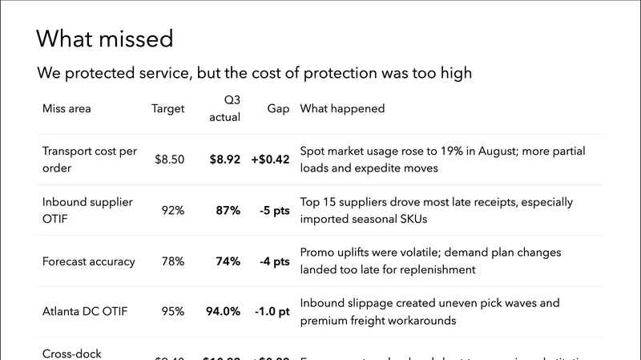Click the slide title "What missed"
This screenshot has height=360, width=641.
(104, 38)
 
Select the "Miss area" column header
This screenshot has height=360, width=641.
(67, 109)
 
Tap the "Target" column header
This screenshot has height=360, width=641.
(168, 109)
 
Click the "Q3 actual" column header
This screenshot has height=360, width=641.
(224, 109)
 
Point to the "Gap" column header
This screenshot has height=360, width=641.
(279, 109)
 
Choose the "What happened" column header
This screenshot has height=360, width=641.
(342, 109)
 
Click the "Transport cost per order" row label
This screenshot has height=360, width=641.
(90, 160)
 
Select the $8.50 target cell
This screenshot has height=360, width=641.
(170, 160)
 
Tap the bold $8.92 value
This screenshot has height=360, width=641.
(225, 160)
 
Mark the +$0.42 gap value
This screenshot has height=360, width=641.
(271, 160)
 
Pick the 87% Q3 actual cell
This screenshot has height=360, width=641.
(228, 211)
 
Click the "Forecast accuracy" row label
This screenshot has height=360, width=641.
(88, 261)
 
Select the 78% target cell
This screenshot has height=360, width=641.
(172, 261)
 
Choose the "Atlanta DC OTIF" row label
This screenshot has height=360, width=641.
(84, 312)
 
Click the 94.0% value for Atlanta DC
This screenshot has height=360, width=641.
(222, 312)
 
